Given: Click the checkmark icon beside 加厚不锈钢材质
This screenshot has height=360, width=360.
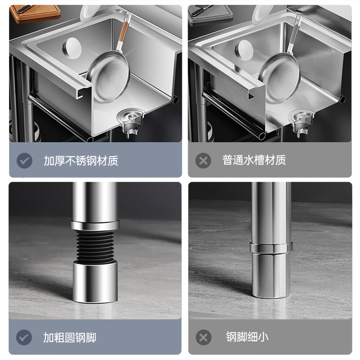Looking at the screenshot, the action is pyautogui.click(x=24, y=161).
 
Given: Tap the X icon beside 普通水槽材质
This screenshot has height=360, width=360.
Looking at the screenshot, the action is pyautogui.click(x=203, y=161).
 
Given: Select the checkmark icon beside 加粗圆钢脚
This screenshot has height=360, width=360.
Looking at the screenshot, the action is pyautogui.click(x=24, y=337).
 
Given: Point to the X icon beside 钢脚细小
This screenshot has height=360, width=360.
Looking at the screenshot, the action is pyautogui.click(x=203, y=337).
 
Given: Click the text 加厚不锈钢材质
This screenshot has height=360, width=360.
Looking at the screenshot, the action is pyautogui.click(x=81, y=161).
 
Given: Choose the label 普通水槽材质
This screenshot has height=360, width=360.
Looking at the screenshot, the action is pyautogui.click(x=254, y=160).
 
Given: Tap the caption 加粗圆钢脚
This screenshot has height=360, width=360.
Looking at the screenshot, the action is pyautogui.click(x=70, y=337).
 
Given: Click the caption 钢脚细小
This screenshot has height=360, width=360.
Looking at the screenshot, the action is pyautogui.click(x=247, y=337).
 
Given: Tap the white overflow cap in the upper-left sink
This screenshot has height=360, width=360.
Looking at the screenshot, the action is pyautogui.click(x=72, y=48).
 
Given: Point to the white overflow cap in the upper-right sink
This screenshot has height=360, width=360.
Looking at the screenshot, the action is pyautogui.click(x=244, y=50).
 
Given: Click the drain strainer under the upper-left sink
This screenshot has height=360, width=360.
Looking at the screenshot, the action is pyautogui.click(x=131, y=122).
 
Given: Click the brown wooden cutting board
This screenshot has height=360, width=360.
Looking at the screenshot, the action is pyautogui.click(x=35, y=13).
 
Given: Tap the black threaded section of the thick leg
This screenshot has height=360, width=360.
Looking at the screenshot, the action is pyautogui.click(x=95, y=247).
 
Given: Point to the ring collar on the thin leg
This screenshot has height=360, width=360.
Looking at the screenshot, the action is pyautogui.click(x=271, y=248).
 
